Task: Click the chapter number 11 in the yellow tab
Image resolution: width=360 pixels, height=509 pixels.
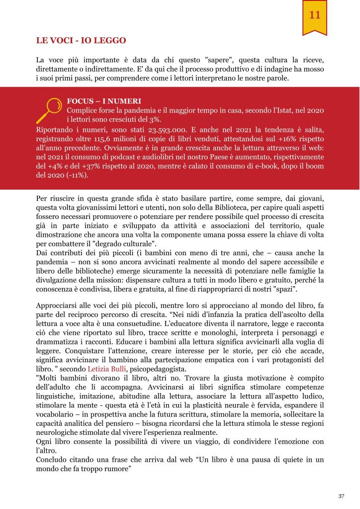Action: point(314,15)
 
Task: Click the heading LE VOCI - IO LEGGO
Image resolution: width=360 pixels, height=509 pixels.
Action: point(81,40)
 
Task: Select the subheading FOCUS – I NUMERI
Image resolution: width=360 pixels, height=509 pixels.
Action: point(97,101)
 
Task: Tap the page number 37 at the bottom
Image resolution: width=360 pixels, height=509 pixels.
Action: point(341,496)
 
